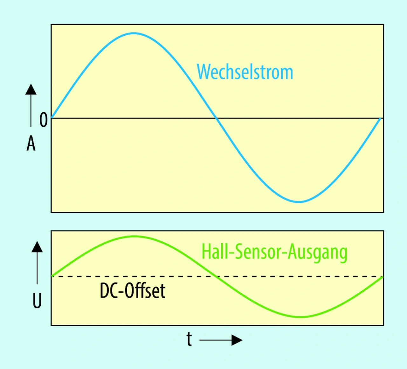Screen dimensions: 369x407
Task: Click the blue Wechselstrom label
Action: [x=245, y=72]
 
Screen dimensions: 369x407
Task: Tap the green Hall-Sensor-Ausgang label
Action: [x=274, y=252]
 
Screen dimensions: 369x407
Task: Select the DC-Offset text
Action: [x=132, y=291]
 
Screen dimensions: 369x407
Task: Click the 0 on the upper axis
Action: [x=44, y=120]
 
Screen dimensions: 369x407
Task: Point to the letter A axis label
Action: [x=31, y=144]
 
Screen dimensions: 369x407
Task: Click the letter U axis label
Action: [x=37, y=301]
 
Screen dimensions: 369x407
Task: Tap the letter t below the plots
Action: [x=189, y=339]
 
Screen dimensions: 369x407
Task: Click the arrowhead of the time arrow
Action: [x=237, y=340]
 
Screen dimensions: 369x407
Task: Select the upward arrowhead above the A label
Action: [x=31, y=89]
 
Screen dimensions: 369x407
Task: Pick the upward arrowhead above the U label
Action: [x=37, y=247]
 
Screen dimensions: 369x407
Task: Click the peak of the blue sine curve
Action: [x=134, y=33]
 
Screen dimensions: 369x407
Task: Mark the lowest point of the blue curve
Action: [x=299, y=202]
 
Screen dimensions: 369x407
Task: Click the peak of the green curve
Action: [x=135, y=236]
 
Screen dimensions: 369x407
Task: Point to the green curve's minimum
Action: [x=300, y=317]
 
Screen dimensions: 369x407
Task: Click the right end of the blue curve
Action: [x=380, y=119]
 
